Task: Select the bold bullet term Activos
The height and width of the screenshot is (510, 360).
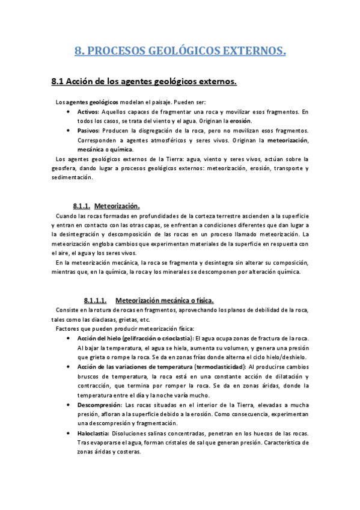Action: tap(88, 112)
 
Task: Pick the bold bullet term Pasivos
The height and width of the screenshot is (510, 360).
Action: tap(88, 131)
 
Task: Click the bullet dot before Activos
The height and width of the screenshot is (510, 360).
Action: tap(72, 112)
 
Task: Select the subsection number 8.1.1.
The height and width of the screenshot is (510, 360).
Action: tap(81, 206)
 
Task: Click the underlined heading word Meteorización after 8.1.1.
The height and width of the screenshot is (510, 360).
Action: tap(117, 206)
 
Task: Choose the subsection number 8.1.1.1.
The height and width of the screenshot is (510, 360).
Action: tap(95, 300)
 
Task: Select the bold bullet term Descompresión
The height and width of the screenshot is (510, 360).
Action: tap(100, 405)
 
